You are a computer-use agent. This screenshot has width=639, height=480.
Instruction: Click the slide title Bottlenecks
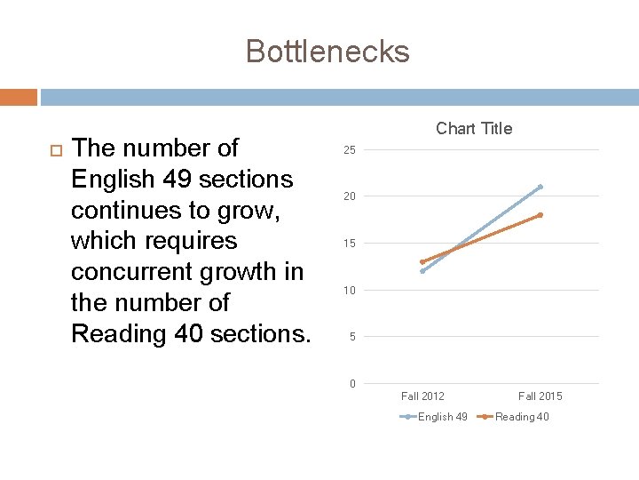[x=327, y=51]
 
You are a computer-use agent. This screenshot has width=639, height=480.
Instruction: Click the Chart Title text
[x=474, y=129]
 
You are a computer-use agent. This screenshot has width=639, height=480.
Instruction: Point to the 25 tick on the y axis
[x=350, y=149]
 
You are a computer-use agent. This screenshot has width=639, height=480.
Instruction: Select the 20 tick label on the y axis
[x=350, y=196]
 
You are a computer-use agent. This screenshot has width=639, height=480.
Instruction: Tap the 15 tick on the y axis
[x=350, y=244]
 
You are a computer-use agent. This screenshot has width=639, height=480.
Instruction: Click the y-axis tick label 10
[x=350, y=291]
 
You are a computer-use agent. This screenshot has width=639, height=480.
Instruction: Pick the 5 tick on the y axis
[x=352, y=337]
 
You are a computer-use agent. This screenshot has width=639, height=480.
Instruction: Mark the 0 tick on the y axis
[x=352, y=384]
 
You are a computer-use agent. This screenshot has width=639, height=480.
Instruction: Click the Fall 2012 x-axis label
[x=422, y=396]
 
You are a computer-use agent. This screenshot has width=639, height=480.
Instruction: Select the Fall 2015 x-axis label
[x=540, y=396]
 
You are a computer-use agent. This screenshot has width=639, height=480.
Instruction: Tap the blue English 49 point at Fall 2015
[x=540, y=187]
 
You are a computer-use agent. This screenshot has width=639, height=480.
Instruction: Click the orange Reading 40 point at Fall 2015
[x=540, y=215]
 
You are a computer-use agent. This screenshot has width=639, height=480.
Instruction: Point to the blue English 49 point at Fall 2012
[x=422, y=271]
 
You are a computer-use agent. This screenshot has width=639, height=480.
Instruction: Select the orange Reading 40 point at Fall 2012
[x=422, y=262]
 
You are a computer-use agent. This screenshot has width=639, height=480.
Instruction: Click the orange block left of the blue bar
[x=19, y=97]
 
